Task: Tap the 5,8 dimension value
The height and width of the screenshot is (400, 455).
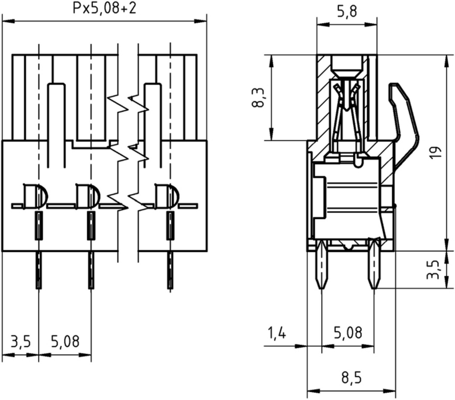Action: coord(347,12)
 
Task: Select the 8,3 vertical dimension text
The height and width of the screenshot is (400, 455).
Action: coord(258,98)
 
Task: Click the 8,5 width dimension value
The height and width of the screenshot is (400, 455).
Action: coord(351,378)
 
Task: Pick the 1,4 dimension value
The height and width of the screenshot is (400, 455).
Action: coord(277,333)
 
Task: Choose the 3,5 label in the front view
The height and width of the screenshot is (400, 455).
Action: coord(20,341)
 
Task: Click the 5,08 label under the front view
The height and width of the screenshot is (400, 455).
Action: coord(65,341)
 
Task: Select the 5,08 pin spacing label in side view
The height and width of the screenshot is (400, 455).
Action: coord(348,333)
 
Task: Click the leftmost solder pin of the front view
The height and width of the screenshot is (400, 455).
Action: coord(38,270)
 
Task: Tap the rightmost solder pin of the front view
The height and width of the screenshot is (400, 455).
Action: coord(170,270)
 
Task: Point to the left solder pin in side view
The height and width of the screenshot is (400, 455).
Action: coord(322,264)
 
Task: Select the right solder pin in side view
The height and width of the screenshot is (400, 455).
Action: coord(374,263)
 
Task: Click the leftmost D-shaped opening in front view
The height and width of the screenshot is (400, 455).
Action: coord(35,196)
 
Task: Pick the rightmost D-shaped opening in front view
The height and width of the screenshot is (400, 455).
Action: coord(167,196)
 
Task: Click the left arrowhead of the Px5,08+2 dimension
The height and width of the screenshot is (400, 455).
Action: coord(8,21)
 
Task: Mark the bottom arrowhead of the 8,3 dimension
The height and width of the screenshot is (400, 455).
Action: coord(271,135)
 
